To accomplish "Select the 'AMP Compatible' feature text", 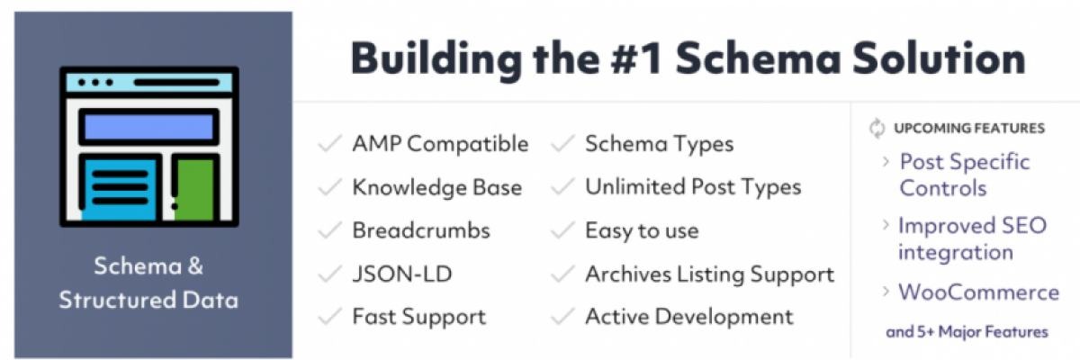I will point(440,144).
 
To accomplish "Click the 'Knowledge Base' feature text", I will point(436,187).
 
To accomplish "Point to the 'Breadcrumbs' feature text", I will point(421,230).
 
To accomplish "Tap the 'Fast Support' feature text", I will point(418,317).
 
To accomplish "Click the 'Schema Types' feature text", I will point(659,144).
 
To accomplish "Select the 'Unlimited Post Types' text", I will point(693,187).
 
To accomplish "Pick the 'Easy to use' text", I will point(642,230).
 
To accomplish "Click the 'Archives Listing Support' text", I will point(709,274).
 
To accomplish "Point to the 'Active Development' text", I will point(689,317).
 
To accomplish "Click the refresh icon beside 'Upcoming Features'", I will point(877,128).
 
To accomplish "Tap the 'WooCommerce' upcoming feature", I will point(978,292).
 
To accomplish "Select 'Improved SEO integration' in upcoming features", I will point(972,238).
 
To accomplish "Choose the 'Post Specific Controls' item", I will point(964,175).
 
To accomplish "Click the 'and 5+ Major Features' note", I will point(967,332).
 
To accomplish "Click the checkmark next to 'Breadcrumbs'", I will point(332,230).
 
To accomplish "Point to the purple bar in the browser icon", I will point(148,127).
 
